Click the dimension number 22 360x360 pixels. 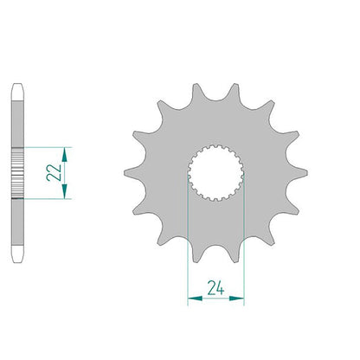pos(54,172)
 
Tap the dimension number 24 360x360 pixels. pos(215,288)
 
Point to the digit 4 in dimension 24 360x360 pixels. pos(220,288)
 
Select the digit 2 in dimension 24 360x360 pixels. pos(211,288)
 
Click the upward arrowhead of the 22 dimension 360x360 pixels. pos(65,154)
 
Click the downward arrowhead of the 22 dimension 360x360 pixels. pos(65,191)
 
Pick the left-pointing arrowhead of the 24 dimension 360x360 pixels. pos(195,299)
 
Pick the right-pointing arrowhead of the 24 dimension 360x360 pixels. pos(237,299)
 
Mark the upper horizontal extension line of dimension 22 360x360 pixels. pos(48,147)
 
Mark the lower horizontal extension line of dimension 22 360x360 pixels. pos(48,199)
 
